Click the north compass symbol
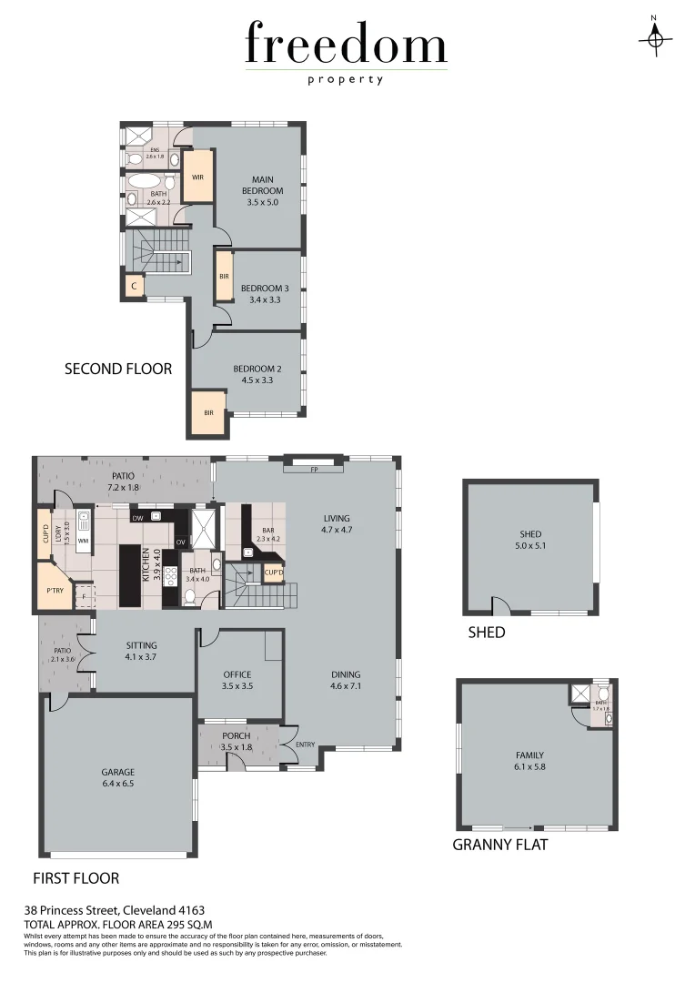click(655, 37)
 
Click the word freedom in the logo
click(346, 46)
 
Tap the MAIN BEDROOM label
click(262, 186)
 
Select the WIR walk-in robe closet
click(197, 177)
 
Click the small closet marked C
click(134, 286)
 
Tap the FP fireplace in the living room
click(313, 470)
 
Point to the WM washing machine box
click(83, 542)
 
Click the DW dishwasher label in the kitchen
click(138, 518)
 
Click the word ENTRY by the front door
click(306, 745)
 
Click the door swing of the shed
click(497, 605)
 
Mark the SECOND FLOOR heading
click(117, 369)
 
